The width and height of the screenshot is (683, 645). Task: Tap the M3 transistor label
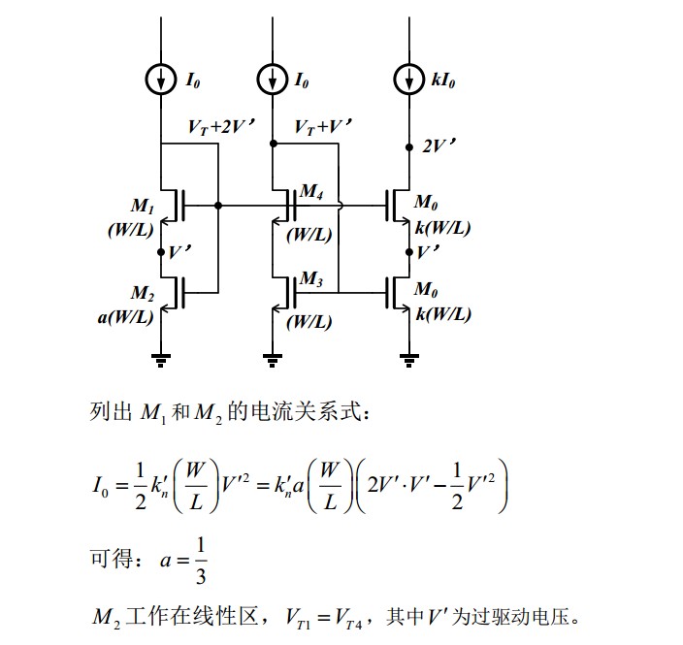pos(310,279)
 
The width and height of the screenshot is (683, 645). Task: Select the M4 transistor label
pos(310,192)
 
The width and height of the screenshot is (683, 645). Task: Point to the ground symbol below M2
pos(161,361)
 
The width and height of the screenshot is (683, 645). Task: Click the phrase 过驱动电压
pos(534,617)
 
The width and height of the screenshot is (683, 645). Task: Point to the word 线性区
pos(228,617)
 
